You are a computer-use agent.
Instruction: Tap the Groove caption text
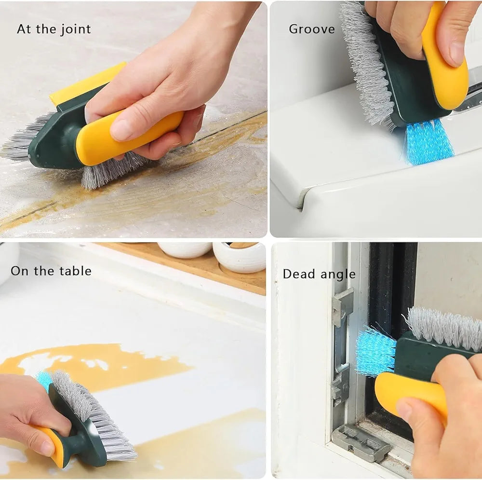click(311, 29)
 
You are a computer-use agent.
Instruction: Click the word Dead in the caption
click(297, 274)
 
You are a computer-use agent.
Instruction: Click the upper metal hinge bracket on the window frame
click(342, 304)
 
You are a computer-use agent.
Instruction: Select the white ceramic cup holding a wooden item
click(240, 257)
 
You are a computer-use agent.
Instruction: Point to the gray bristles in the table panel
click(96, 415)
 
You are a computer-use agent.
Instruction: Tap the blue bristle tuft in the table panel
click(45, 379)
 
